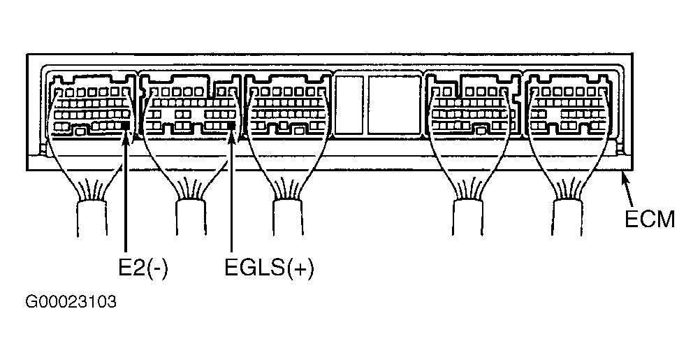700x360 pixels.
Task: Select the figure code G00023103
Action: point(71,303)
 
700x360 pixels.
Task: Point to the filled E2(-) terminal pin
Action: point(126,124)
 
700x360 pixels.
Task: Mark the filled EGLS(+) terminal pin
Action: point(232,125)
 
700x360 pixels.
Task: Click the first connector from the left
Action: point(91,108)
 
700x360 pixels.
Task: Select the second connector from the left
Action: point(189,108)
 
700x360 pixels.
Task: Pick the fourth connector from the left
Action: point(472,108)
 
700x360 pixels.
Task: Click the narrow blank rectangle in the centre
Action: point(349,104)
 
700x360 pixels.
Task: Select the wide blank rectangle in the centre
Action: point(394,104)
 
